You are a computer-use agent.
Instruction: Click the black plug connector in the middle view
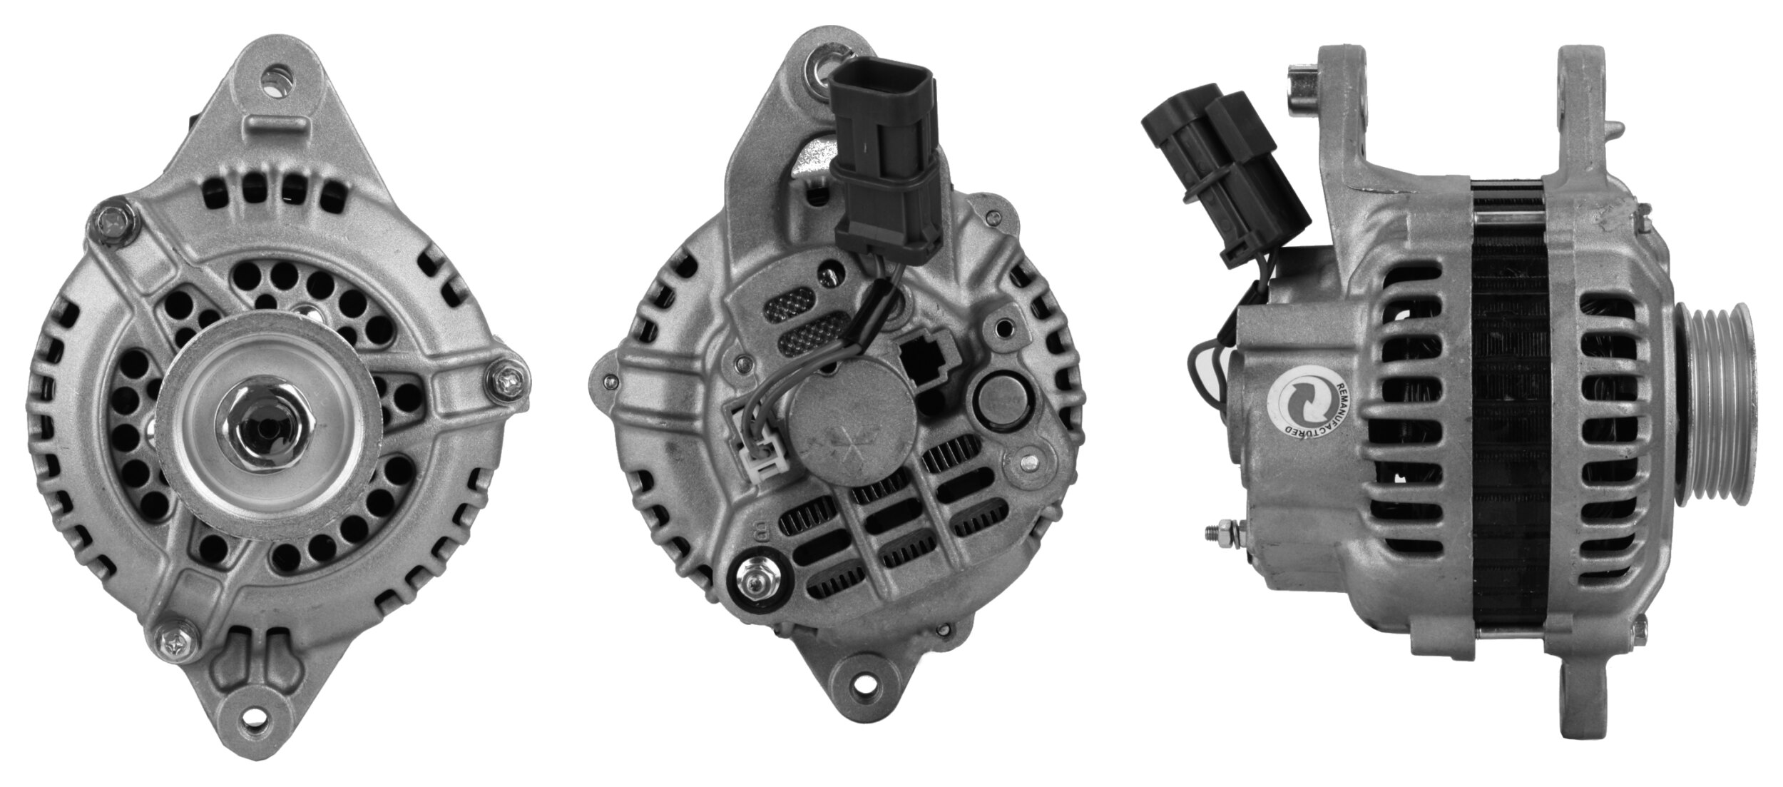pyautogui.click(x=882, y=150)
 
